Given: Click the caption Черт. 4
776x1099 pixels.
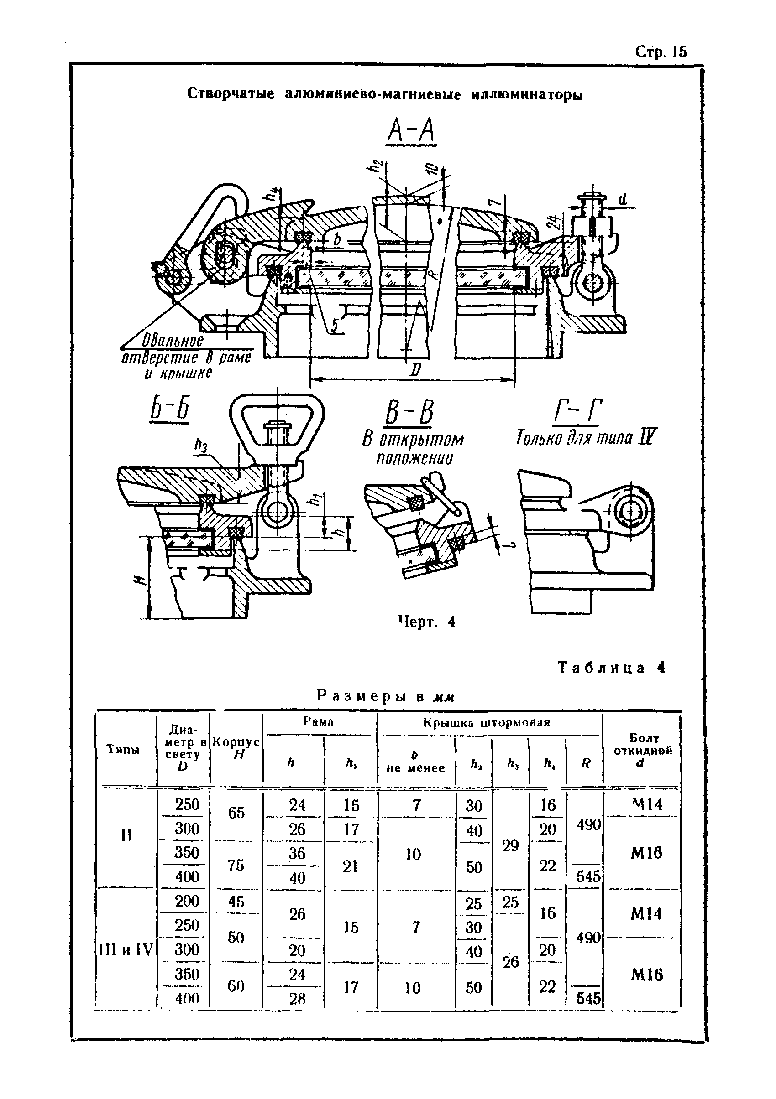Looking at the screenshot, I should (426, 622).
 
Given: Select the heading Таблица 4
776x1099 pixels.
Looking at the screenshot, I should (611, 668).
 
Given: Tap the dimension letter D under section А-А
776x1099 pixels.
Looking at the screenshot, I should (415, 370).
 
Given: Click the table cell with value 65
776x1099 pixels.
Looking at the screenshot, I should (236, 812).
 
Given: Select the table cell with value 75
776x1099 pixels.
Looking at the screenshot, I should (236, 865).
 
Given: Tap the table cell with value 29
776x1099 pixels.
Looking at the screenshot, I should (511, 845).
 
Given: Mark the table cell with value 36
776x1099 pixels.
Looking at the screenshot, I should (297, 853).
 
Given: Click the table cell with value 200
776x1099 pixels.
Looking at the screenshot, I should (187, 901).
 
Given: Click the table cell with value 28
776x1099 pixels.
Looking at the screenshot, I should (297, 999).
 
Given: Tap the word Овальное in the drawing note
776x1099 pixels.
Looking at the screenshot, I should (173, 341).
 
